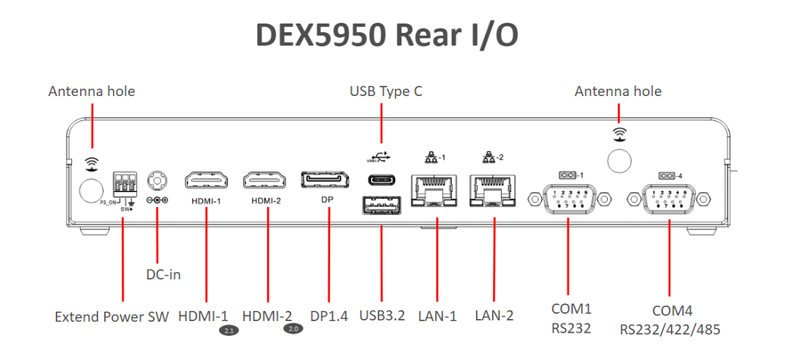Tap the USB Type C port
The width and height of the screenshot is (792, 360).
pyautogui.click(x=381, y=180)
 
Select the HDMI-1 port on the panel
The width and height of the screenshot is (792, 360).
pyautogui.click(x=207, y=180)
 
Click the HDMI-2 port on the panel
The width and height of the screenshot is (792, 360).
pyautogui.click(x=266, y=180)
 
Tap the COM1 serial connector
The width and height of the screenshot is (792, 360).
pyautogui.click(x=568, y=199)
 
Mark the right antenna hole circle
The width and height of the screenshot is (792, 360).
pyautogui.click(x=620, y=159)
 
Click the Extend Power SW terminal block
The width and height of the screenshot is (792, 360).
pyautogui.click(x=125, y=183)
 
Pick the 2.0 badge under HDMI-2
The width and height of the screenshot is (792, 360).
pyautogui.click(x=293, y=329)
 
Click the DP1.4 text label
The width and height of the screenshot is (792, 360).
pyautogui.click(x=329, y=316)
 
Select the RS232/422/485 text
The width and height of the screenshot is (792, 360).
pyautogui.click(x=670, y=328)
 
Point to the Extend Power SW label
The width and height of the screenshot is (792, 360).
pyautogui.click(x=112, y=317)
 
